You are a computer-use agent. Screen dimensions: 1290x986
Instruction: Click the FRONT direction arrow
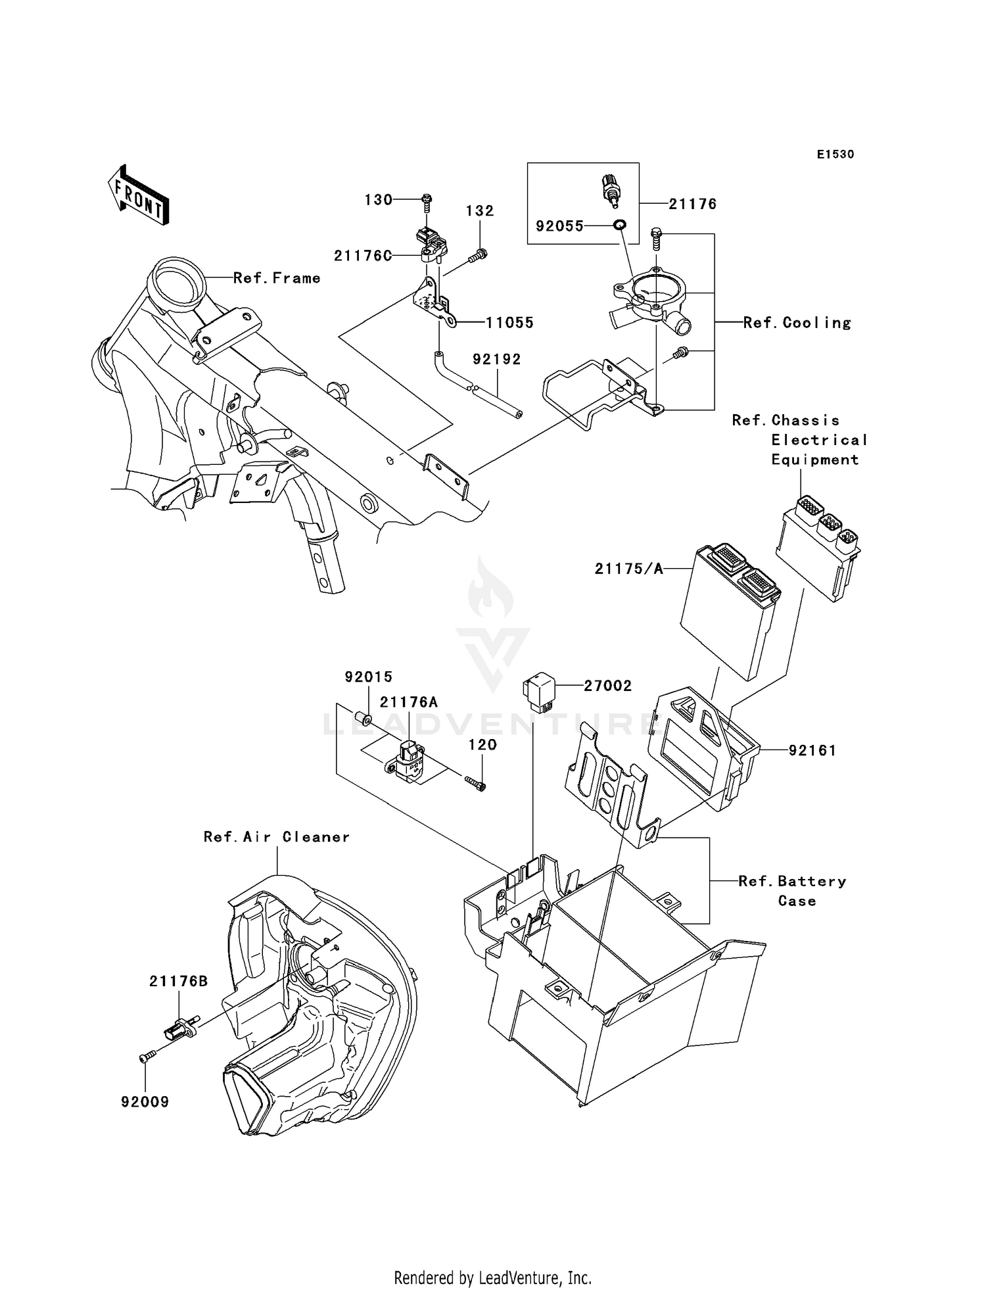(137, 195)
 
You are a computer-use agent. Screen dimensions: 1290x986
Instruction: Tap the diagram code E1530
(835, 155)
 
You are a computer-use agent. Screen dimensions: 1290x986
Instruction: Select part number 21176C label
(363, 256)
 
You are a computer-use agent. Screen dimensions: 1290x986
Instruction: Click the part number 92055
(559, 226)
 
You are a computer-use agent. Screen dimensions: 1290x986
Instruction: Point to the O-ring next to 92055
(619, 226)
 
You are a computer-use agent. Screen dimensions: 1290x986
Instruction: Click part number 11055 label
(509, 323)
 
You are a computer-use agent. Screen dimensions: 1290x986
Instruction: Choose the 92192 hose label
(496, 359)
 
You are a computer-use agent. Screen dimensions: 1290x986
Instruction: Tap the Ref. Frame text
(277, 278)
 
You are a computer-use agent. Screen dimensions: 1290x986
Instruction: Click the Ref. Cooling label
(797, 323)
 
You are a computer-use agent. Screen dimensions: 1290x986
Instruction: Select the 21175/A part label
(629, 569)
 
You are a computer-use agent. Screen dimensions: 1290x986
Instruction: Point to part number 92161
(812, 750)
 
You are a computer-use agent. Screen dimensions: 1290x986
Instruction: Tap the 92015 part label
(369, 677)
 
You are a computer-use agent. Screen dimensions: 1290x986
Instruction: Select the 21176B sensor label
(178, 982)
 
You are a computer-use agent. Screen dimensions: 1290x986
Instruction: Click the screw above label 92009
(146, 1056)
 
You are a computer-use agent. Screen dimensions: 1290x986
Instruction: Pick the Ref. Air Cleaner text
(276, 837)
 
